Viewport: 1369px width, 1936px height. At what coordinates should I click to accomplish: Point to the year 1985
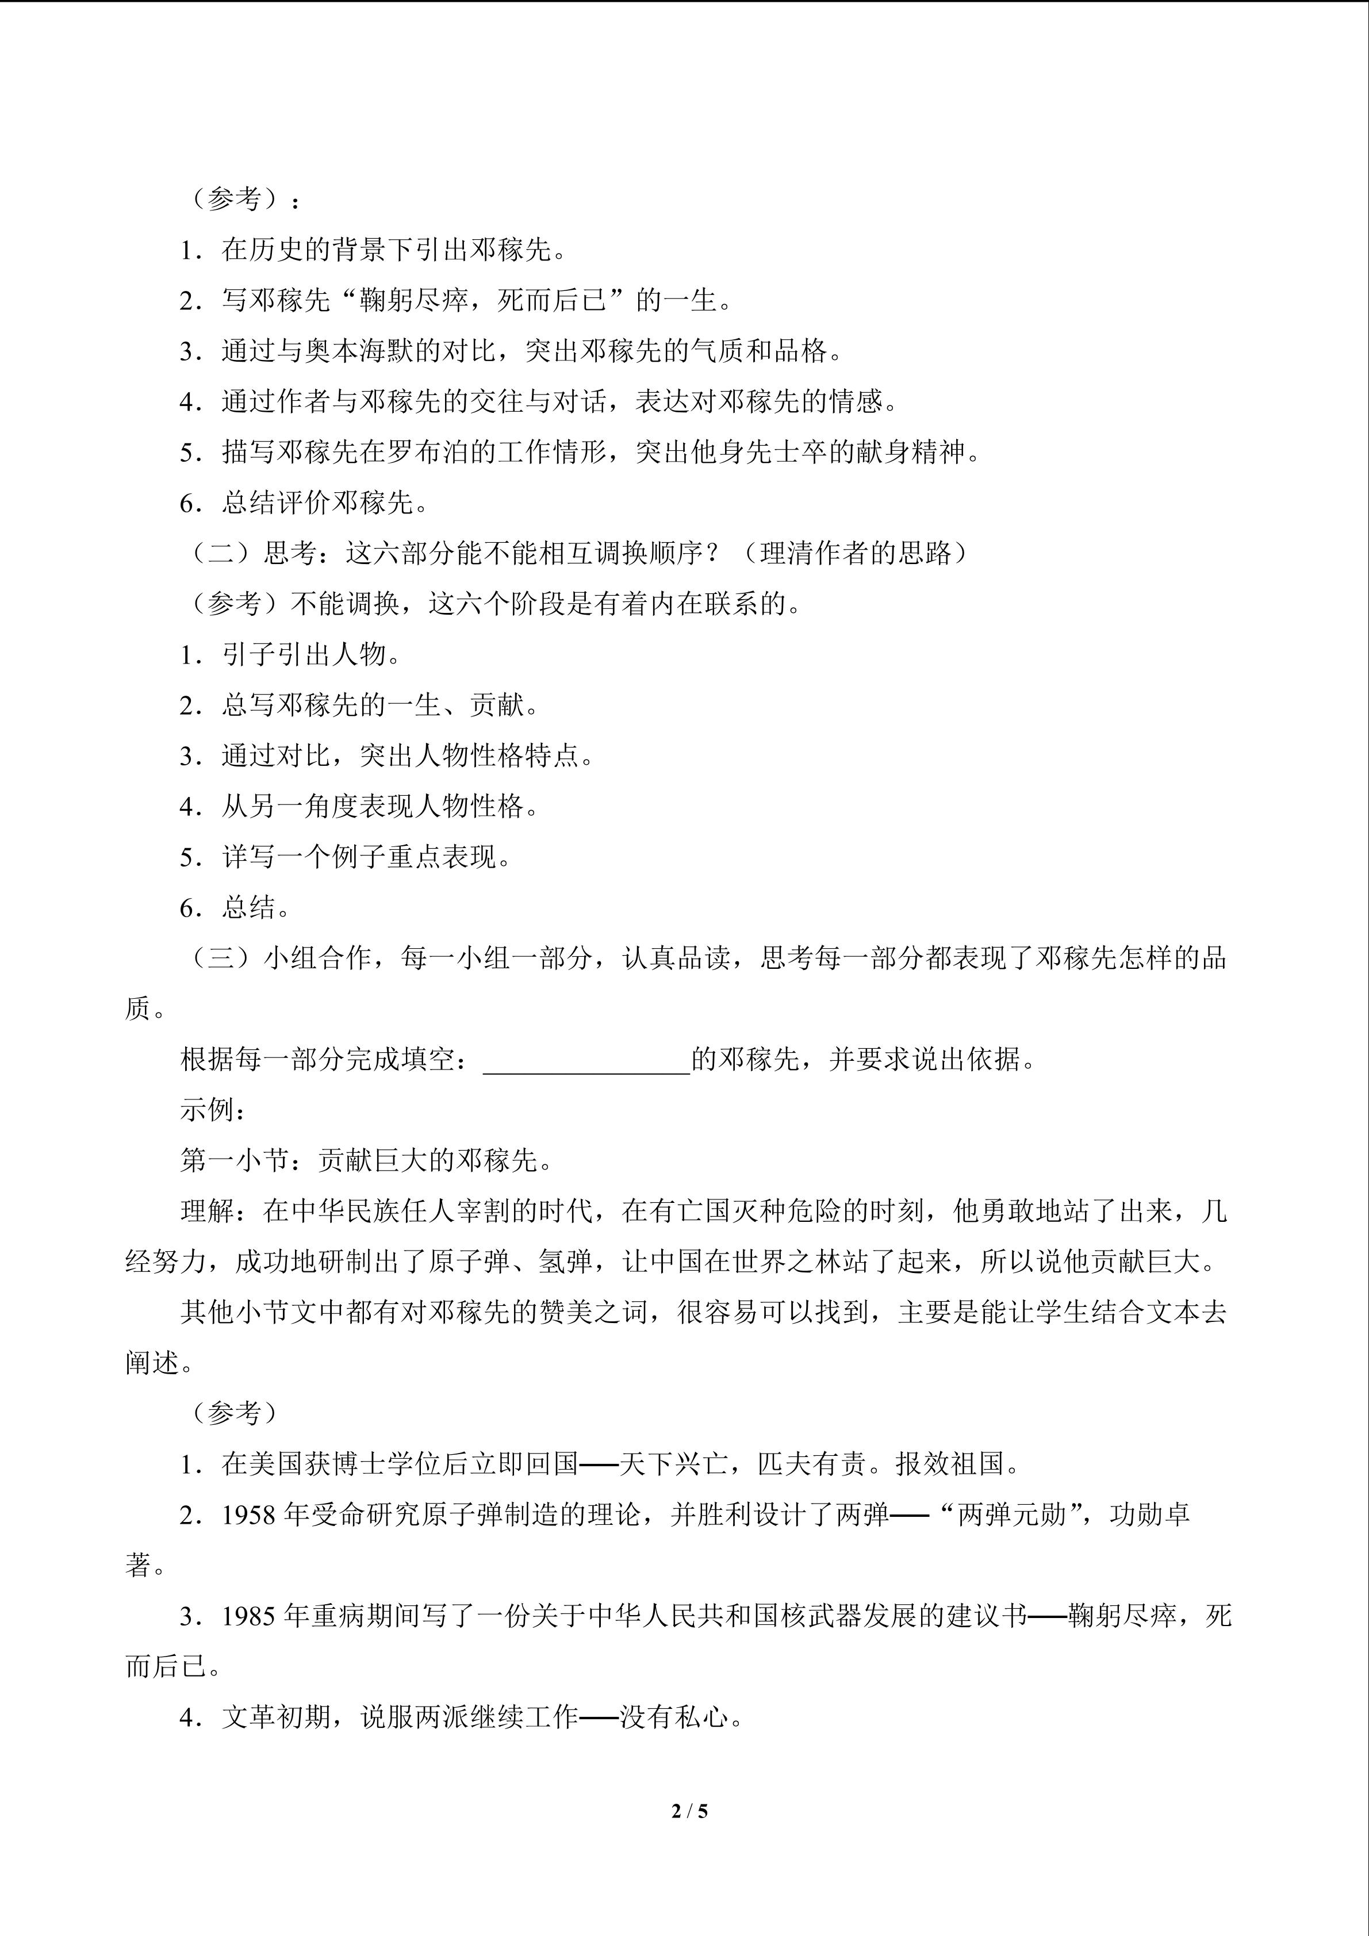pyautogui.click(x=250, y=1616)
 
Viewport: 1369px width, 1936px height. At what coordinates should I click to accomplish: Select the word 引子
pyautogui.click(x=250, y=655)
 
